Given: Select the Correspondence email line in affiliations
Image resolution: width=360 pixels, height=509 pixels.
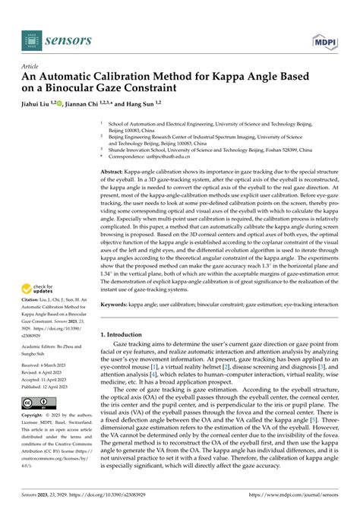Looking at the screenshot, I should (x=152, y=156).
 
